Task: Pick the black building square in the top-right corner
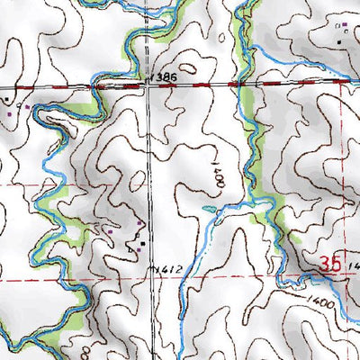click(339, 40)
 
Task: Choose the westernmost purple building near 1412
click(111, 231)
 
